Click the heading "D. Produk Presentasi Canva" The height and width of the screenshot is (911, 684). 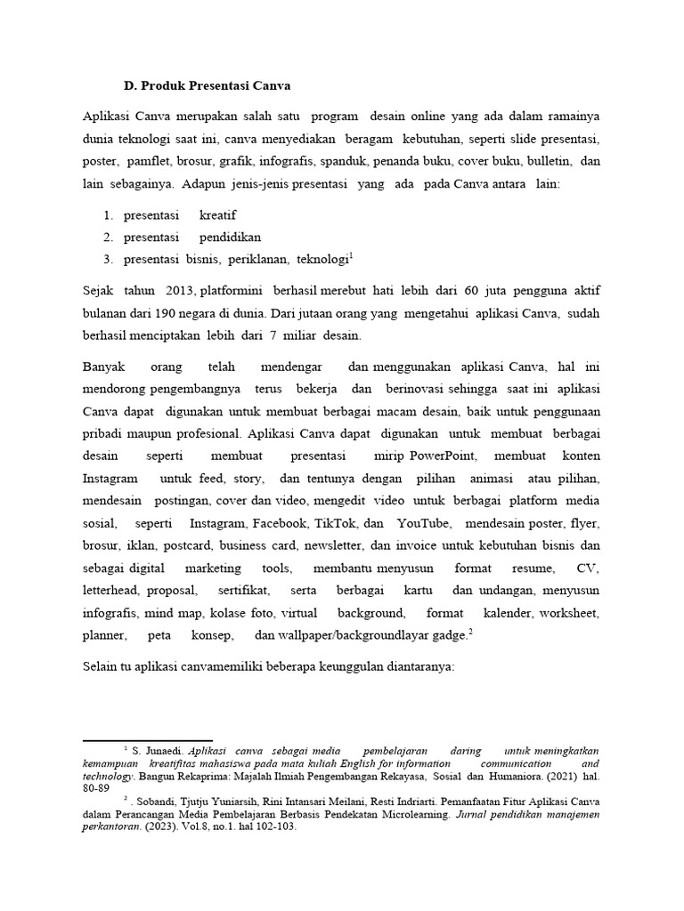[208, 86]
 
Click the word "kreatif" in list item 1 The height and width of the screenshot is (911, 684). [218, 216]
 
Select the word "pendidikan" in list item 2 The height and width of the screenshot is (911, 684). [230, 238]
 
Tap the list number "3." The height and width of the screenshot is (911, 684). [108, 259]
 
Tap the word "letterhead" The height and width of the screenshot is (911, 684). [111, 591]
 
